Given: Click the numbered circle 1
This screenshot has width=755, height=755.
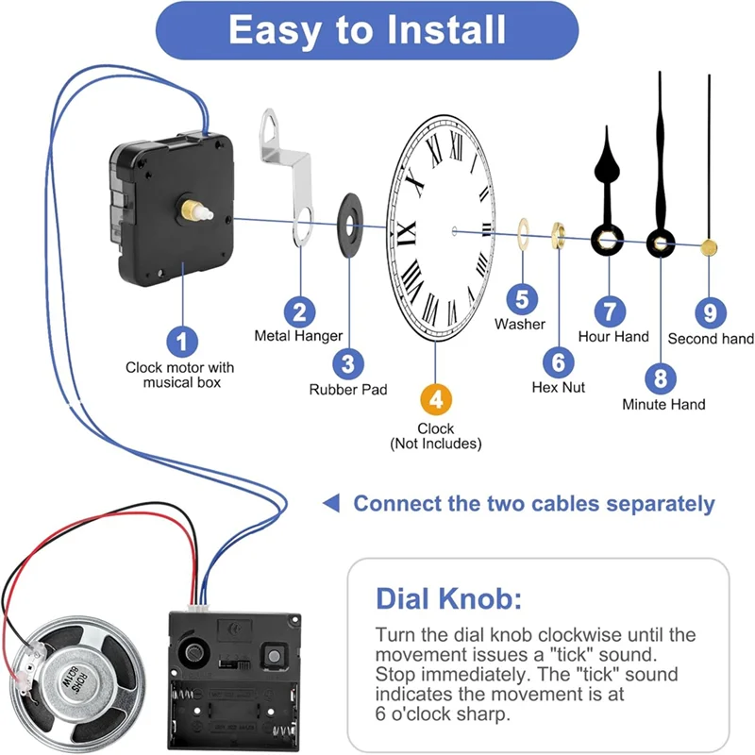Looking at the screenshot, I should tap(182, 340).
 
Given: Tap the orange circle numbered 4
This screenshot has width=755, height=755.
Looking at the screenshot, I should tap(435, 398).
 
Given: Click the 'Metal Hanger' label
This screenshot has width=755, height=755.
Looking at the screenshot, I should tap(298, 335).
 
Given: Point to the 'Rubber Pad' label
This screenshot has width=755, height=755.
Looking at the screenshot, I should tap(348, 389).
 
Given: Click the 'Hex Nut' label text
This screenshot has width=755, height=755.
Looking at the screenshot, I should tap(558, 387).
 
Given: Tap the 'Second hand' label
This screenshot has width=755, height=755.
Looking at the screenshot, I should tap(711, 338).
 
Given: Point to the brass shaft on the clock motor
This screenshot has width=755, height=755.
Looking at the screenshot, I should tap(201, 207).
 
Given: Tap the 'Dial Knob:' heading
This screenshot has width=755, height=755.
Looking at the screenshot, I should tap(448, 599).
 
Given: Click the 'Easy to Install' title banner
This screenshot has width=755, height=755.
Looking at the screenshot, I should tap(367, 30).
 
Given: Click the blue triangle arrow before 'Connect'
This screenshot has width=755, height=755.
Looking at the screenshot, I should tap(330, 503).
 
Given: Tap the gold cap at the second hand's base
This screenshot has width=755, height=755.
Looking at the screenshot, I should tap(709, 247).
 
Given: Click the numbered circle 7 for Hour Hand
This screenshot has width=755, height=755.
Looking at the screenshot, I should tap(610, 310).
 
